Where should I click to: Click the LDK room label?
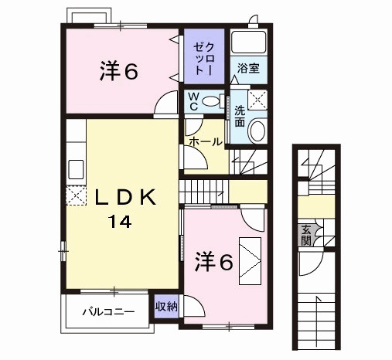pyautogui.click(x=125, y=197)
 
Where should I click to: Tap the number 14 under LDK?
pyautogui.click(x=120, y=222)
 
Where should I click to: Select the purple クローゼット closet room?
pyautogui.click(x=204, y=56)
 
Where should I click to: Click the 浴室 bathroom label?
pyautogui.click(x=248, y=69)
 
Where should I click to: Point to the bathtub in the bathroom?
pyautogui.click(x=248, y=42)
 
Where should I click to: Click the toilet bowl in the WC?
pyautogui.click(x=211, y=101)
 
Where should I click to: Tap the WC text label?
pyautogui.click(x=193, y=101)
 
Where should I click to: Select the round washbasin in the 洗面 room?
pyautogui.click(x=257, y=131)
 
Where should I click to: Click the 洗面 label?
pyautogui.click(x=240, y=117)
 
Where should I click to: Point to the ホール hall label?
pyautogui.click(x=206, y=141)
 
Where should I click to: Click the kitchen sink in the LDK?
pyautogui.click(x=76, y=169)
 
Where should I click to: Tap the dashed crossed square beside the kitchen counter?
pyautogui.click(x=76, y=196)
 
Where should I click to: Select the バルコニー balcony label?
pyautogui.click(x=108, y=312)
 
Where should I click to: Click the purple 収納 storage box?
pyautogui.click(x=166, y=307)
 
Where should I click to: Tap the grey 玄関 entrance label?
pyautogui.click(x=306, y=236)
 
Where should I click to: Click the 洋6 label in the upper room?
pyautogui.click(x=119, y=71)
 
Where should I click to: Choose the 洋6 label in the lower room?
pyautogui.click(x=214, y=262)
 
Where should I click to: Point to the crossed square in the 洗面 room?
pyautogui.click(x=257, y=100)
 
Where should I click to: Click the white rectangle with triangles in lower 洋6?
pyautogui.click(x=250, y=261)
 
